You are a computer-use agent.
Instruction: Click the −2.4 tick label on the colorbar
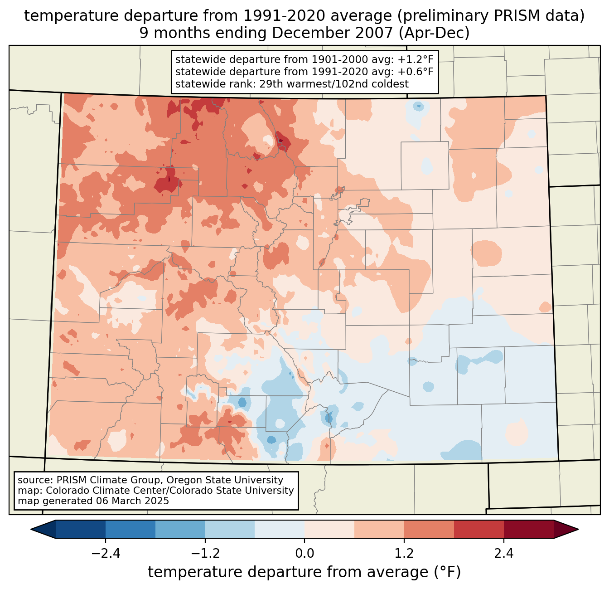point(106,554)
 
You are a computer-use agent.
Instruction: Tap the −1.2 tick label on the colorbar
point(205,554)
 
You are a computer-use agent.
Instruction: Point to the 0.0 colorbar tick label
point(304,554)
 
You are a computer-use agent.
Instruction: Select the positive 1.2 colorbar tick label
point(404,554)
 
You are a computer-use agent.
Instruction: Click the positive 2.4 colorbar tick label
point(503,554)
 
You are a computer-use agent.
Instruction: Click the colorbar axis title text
point(304,572)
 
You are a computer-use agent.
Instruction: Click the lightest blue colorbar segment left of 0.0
point(280,529)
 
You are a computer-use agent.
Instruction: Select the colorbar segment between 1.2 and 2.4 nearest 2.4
point(478,529)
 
